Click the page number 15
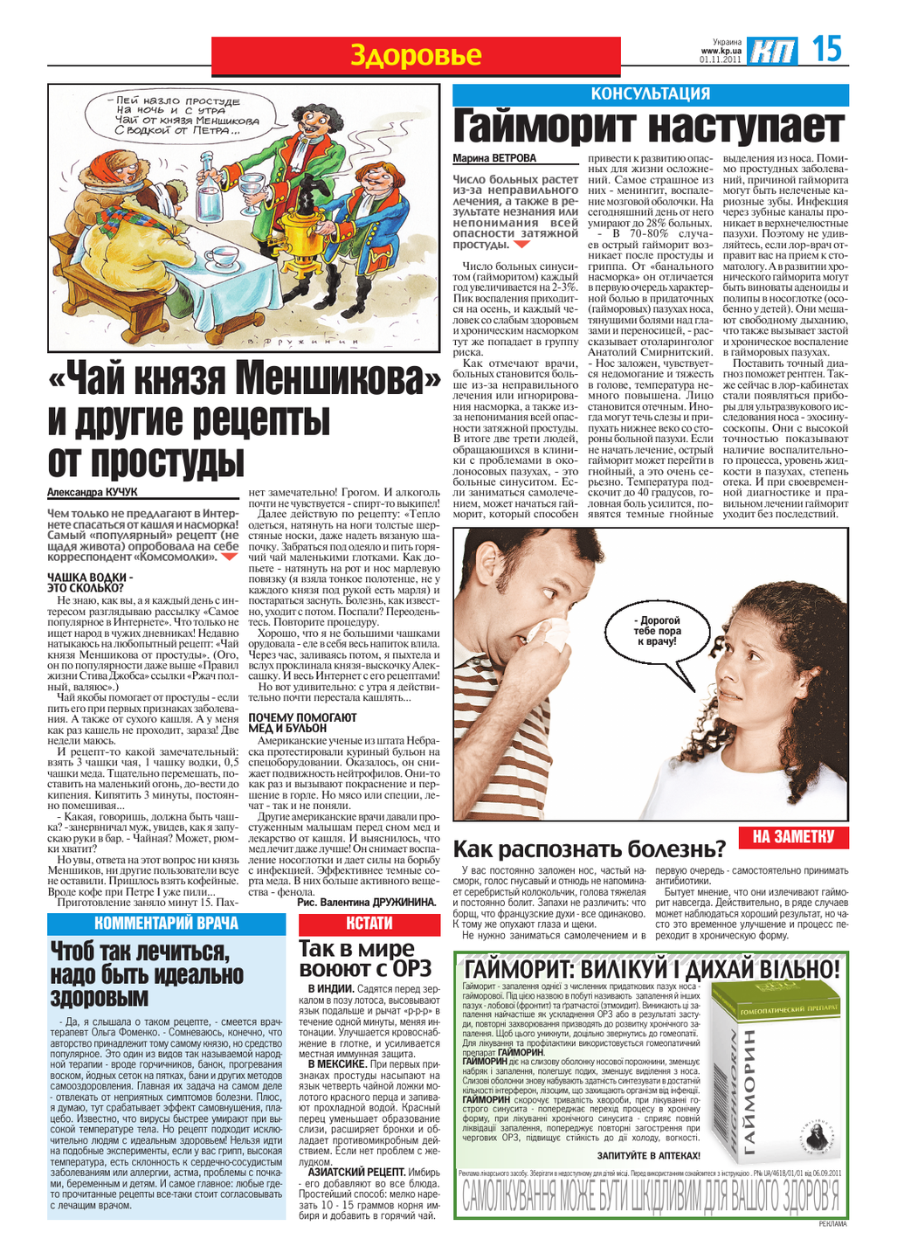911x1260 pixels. tap(826, 49)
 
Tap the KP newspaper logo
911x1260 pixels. tap(773, 52)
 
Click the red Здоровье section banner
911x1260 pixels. tap(416, 56)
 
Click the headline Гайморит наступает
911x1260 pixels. tap(650, 128)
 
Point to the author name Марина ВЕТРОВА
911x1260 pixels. tap(494, 159)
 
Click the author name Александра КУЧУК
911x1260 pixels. tap(93, 493)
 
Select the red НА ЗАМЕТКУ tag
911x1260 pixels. tap(793, 837)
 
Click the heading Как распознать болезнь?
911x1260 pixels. tap(590, 849)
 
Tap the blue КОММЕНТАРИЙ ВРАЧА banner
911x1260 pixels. tap(166, 924)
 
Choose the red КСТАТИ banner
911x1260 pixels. tap(369, 924)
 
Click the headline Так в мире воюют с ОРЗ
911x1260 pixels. tap(365, 959)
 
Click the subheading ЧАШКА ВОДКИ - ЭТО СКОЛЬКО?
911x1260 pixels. tap(90, 583)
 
